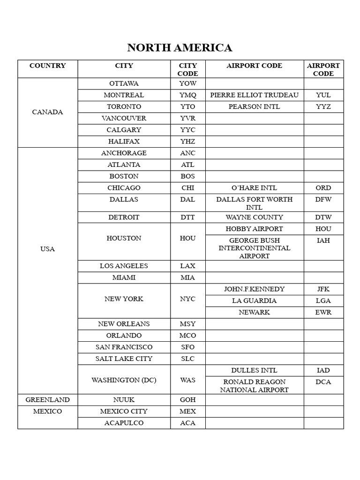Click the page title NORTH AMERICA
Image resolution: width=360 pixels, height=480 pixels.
tap(180, 48)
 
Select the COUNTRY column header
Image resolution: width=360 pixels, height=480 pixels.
tap(47, 66)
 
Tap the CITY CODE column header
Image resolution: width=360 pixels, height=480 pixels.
tap(187, 69)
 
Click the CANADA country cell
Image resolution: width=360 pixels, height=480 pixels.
tap(47, 112)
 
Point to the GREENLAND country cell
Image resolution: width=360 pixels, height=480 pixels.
tap(47, 400)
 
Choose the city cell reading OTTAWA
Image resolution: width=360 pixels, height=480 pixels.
tap(124, 83)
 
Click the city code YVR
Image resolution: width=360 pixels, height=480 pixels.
tap(187, 118)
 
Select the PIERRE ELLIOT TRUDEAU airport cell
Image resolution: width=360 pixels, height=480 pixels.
tap(254, 95)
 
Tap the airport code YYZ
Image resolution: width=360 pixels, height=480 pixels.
tap(323, 106)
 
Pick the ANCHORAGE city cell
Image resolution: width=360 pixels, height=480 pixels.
tap(124, 153)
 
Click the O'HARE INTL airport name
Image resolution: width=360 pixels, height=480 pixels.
tap(254, 188)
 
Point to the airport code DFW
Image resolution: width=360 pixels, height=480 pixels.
tap(323, 199)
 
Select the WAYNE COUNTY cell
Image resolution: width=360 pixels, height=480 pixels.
tap(254, 217)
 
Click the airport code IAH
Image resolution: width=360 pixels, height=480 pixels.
tap(323, 240)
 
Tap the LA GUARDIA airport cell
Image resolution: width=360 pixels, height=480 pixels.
tap(254, 300)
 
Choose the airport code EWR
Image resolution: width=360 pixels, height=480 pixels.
tap(323, 312)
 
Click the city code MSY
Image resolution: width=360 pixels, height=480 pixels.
tap(187, 324)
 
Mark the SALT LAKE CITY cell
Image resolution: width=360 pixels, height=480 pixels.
tap(124, 359)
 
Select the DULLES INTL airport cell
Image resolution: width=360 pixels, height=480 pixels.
tap(254, 370)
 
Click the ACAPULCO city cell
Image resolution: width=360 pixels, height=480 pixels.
tap(124, 423)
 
